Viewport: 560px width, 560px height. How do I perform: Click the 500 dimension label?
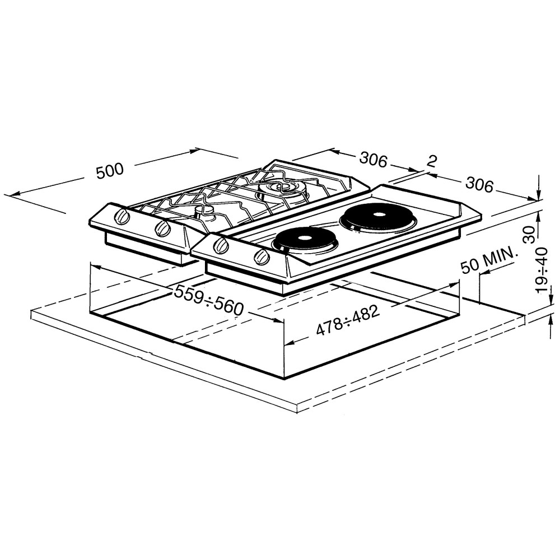coord(110,171)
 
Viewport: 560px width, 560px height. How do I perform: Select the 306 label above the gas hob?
coord(373,160)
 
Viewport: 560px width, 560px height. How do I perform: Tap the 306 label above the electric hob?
coord(479,185)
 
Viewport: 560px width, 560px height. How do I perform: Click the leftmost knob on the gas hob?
coord(122,217)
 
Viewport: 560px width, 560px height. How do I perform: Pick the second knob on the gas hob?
coord(162,228)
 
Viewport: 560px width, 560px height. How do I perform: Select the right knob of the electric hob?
coord(260,257)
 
